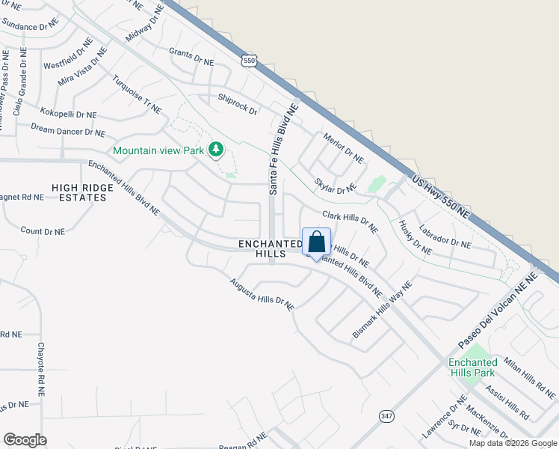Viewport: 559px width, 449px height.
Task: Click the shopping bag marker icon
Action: [316, 242]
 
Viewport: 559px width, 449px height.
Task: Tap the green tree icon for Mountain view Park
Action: [216, 150]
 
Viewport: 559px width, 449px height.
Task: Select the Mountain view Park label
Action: [158, 150]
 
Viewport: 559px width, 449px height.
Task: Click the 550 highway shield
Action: [250, 60]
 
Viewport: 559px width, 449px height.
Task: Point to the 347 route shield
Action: [386, 416]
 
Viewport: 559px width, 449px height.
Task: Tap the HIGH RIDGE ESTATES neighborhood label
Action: [78, 192]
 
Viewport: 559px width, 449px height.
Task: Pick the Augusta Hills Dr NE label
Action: [262, 293]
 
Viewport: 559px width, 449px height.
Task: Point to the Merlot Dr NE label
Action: [343, 148]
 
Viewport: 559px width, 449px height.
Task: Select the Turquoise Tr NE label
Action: [137, 95]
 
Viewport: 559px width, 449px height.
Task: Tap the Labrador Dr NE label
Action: [445, 238]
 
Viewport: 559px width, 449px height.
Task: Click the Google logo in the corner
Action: [25, 440]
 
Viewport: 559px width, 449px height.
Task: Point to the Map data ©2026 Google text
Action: [513, 443]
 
